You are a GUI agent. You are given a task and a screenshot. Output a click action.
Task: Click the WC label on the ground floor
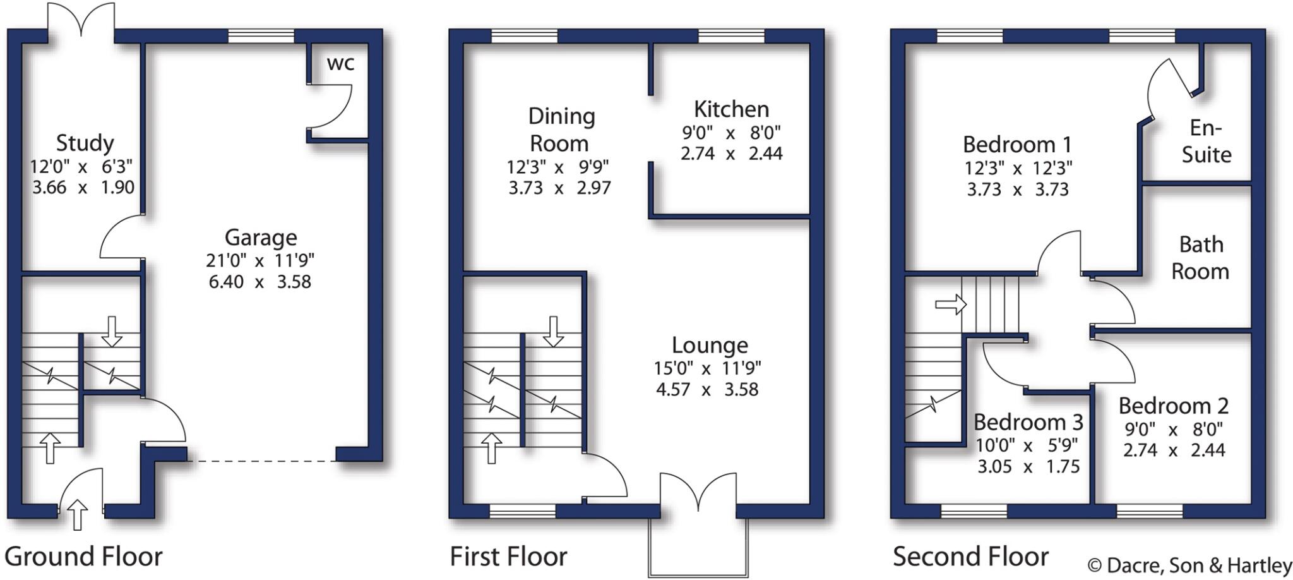(340, 63)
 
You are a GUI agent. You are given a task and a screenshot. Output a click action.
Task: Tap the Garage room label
(261, 238)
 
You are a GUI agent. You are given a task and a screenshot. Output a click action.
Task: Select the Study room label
(85, 143)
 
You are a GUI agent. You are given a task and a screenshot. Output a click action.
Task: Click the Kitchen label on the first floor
(731, 109)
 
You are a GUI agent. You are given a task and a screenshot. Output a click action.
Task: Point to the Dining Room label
(561, 130)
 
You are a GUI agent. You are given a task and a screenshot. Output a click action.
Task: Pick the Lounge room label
(710, 345)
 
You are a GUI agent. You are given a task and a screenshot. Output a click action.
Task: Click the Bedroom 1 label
(1017, 145)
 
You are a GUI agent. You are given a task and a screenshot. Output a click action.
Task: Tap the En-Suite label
(1206, 142)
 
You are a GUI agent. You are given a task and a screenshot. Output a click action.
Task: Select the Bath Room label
(1200, 258)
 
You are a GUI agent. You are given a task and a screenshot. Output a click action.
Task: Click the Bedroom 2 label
(1174, 406)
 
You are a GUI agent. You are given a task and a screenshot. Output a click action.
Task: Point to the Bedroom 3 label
(1028, 421)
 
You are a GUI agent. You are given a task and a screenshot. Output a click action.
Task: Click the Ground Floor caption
(83, 557)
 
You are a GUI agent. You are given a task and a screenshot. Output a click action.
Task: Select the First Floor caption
(508, 557)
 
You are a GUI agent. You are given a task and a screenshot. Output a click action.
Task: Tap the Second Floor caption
(970, 557)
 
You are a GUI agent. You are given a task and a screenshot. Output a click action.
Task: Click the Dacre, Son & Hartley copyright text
(1189, 565)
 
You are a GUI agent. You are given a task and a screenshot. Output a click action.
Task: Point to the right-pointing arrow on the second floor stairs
(951, 305)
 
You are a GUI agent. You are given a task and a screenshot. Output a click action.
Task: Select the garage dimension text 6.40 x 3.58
(259, 282)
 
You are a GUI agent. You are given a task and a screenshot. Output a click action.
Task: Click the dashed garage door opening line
(262, 461)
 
